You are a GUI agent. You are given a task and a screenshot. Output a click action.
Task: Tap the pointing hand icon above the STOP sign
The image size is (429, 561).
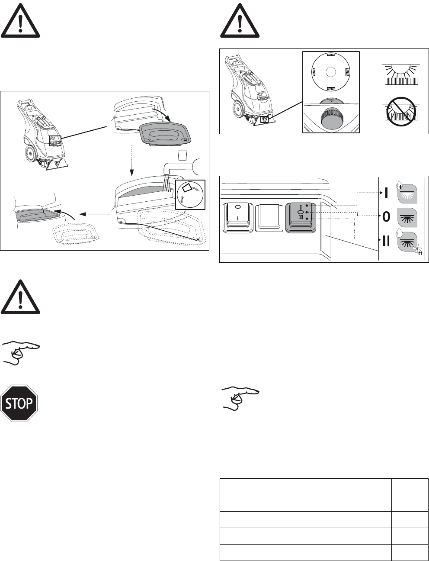20,352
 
